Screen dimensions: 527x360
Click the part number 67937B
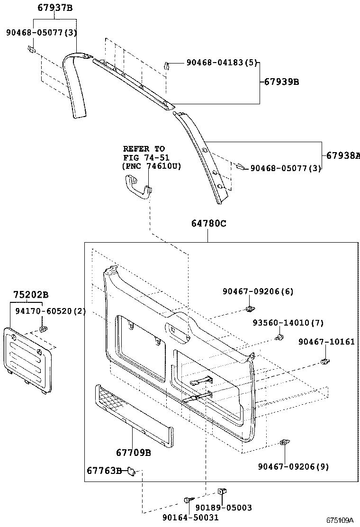(55, 7)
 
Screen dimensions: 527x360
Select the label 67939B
(281, 82)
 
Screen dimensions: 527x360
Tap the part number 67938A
(342, 155)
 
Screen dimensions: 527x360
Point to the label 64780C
(208, 224)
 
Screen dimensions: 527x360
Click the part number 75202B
(30, 295)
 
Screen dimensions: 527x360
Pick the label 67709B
(133, 453)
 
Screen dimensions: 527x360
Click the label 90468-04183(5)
(221, 62)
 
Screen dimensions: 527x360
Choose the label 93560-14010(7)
(288, 323)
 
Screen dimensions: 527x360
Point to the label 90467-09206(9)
(293, 466)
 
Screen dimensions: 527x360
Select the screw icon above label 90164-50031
(189, 500)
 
